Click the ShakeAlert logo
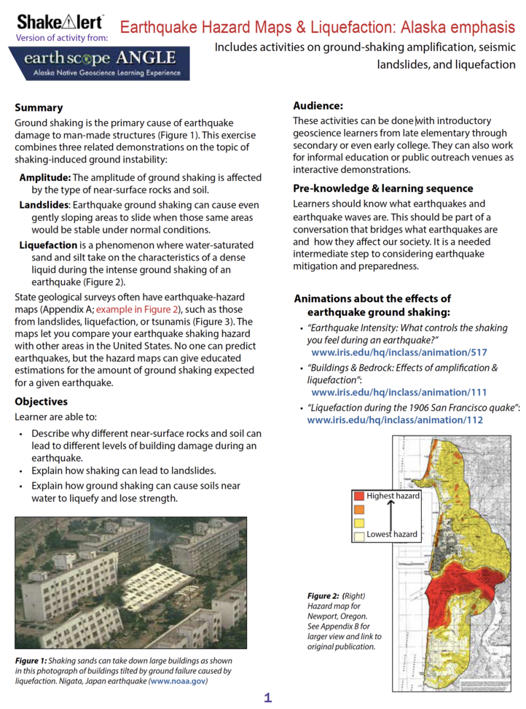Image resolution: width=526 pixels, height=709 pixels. click(x=60, y=21)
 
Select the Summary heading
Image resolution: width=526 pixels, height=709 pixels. click(x=39, y=108)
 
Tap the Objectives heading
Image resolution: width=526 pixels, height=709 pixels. click(x=42, y=402)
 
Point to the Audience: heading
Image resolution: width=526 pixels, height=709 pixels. click(x=318, y=106)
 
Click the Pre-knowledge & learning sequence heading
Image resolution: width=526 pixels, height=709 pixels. click(x=382, y=189)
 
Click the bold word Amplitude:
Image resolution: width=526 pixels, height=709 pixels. click(x=44, y=178)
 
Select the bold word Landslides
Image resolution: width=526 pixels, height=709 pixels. click(x=44, y=205)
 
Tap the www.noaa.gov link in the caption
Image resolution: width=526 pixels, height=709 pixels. click(x=178, y=681)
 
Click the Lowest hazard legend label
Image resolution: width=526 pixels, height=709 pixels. click(x=392, y=534)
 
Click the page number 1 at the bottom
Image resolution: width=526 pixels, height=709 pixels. click(x=268, y=698)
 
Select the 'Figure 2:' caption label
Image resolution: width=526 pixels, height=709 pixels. click(x=323, y=596)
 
